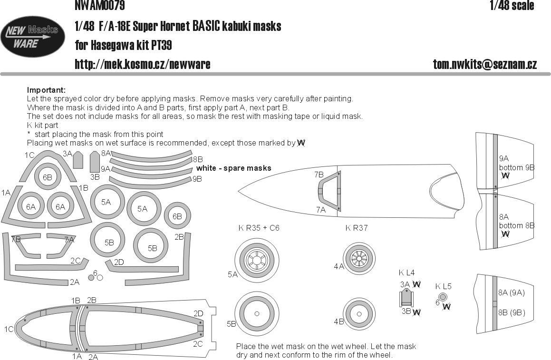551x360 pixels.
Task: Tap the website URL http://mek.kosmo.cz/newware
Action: pyautogui.click(x=142, y=64)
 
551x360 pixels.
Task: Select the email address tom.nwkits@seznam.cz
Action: pyautogui.click(x=485, y=65)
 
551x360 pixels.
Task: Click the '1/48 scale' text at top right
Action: pyautogui.click(x=512, y=6)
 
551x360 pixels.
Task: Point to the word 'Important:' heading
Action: pyautogui.click(x=46, y=90)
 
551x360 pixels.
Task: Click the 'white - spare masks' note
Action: pyautogui.click(x=233, y=168)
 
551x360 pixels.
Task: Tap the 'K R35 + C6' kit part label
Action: pyautogui.click(x=259, y=228)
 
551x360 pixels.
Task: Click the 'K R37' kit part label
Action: pyautogui.click(x=357, y=228)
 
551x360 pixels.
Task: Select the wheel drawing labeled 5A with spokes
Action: pyautogui.click(x=256, y=259)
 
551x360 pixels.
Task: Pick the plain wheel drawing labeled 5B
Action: pyautogui.click(x=256, y=313)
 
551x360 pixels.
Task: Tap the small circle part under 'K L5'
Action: pyautogui.click(x=443, y=297)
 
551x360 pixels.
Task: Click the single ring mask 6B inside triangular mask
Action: pyautogui.click(x=48, y=177)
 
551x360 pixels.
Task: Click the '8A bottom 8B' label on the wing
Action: pyautogui.click(x=516, y=221)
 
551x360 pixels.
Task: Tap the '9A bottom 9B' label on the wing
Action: pyautogui.click(x=516, y=164)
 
